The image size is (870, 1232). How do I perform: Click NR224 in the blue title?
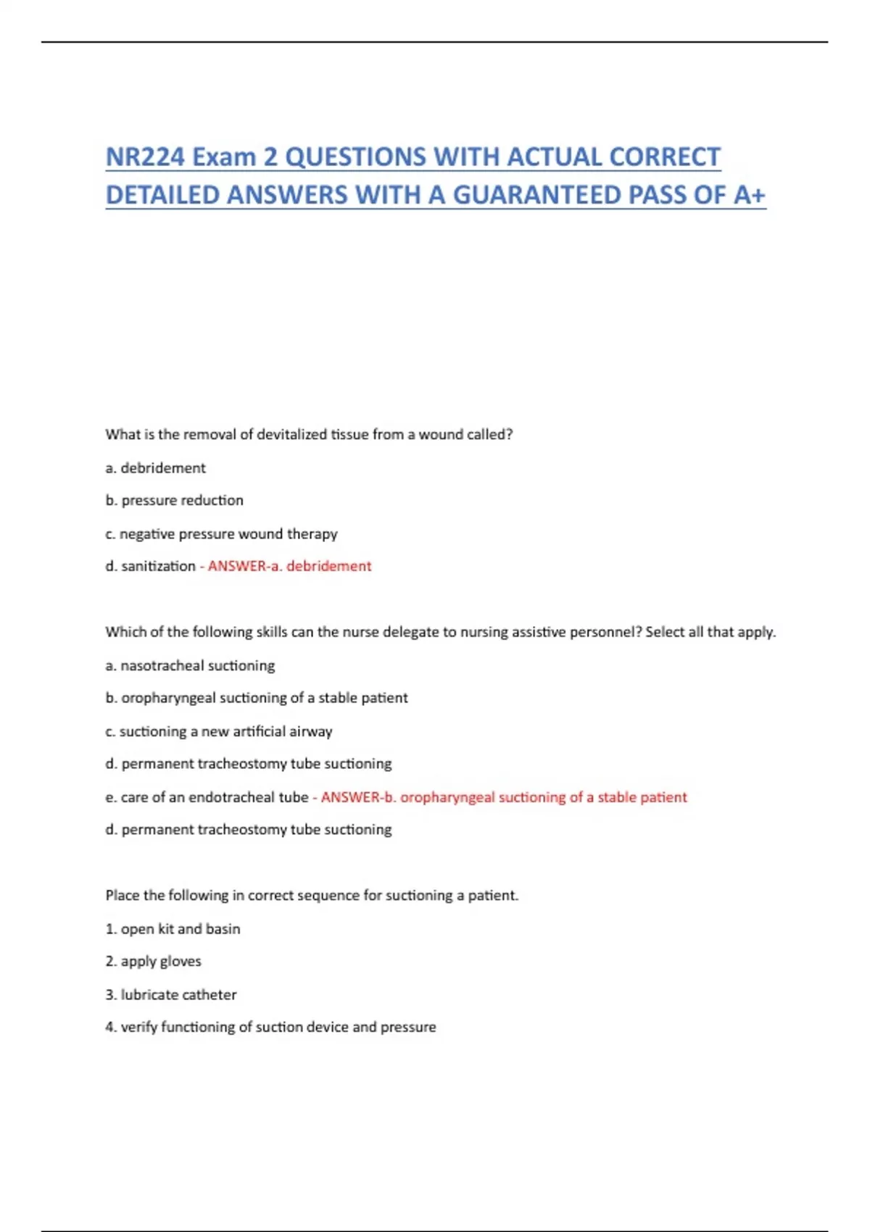tap(144, 157)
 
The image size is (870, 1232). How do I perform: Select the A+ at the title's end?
tap(750, 194)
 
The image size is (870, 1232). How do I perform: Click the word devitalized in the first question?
tap(292, 434)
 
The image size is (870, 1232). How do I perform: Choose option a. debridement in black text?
tap(155, 468)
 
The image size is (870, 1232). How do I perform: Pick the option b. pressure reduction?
tap(174, 500)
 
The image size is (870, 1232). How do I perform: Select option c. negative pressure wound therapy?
tap(221, 534)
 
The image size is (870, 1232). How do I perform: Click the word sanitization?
tap(158, 566)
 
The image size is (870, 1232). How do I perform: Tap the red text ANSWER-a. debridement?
tap(289, 566)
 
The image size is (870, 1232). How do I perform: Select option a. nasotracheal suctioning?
tap(190, 665)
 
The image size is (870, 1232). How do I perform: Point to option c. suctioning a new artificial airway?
tap(218, 731)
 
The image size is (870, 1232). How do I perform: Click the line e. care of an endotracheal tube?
tap(207, 797)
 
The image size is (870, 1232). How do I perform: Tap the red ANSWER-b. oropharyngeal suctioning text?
tap(504, 797)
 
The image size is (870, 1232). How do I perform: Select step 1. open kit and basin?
tap(173, 929)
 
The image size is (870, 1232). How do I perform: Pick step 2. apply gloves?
tap(153, 961)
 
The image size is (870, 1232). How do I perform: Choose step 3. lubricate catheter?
tap(171, 994)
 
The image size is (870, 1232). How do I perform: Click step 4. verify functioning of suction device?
tap(270, 1027)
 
